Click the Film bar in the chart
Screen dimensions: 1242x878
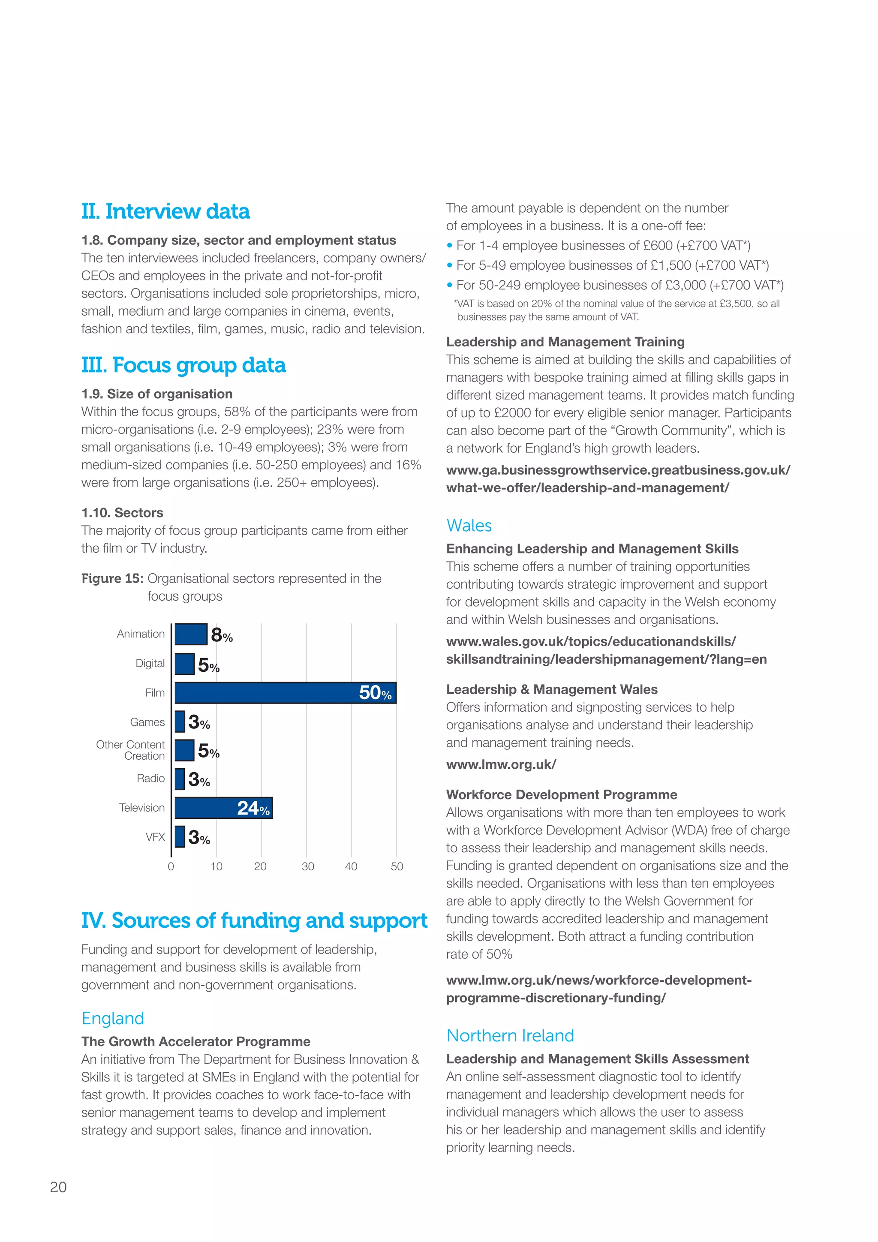point(285,692)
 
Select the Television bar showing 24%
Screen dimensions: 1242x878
point(223,808)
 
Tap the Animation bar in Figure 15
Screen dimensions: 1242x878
point(190,634)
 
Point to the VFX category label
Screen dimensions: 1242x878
point(155,837)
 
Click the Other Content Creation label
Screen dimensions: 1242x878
point(130,750)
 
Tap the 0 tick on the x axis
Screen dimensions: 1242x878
point(171,866)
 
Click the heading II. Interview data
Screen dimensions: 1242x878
point(165,211)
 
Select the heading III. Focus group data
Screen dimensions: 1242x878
point(183,365)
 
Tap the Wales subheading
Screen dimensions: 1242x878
point(469,525)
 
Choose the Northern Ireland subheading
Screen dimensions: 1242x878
point(510,1035)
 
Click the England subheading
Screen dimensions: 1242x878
point(112,1018)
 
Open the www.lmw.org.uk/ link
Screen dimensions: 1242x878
point(501,764)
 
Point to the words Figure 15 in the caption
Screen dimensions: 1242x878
point(111,578)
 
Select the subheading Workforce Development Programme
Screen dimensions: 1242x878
point(561,795)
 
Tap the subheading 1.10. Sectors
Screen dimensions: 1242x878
point(122,512)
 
